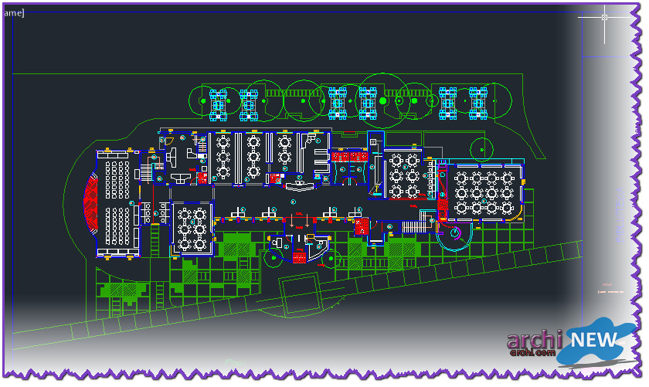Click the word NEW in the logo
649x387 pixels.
tap(593, 339)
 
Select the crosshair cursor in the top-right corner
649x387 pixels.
tap(604, 17)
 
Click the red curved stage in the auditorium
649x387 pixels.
tap(90, 203)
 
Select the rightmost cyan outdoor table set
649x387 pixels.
tap(479, 104)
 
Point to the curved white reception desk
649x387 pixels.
tap(301, 185)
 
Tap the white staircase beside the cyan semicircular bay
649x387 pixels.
tap(413, 226)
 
